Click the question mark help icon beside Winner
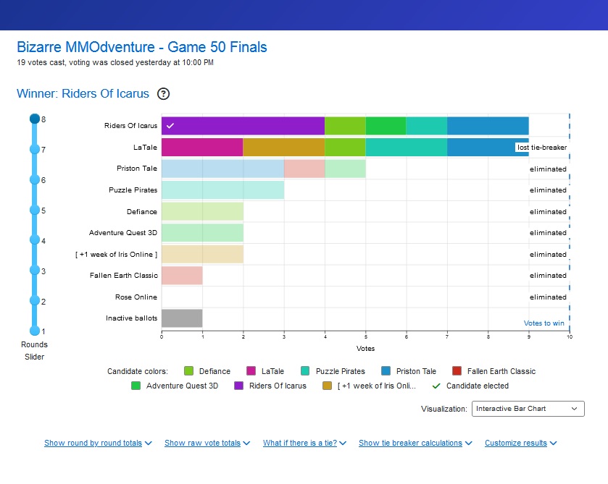(x=164, y=93)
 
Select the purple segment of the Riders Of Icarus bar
(x=243, y=126)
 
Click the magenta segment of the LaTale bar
(x=201, y=148)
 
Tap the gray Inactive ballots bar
(x=182, y=318)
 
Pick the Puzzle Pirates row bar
(x=222, y=190)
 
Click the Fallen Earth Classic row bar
(x=182, y=276)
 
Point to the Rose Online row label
(x=136, y=297)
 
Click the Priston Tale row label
(x=136, y=169)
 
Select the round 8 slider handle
(x=34, y=119)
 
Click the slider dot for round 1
(x=34, y=331)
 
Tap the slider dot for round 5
(x=34, y=210)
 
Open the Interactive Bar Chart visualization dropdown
(x=528, y=409)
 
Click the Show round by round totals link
(x=98, y=443)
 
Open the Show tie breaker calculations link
(x=415, y=443)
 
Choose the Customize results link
(x=520, y=443)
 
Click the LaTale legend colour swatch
(x=251, y=371)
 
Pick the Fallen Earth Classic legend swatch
(x=457, y=371)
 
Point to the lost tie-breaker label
(x=541, y=148)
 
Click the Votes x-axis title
(x=365, y=348)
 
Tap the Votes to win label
(x=544, y=323)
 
